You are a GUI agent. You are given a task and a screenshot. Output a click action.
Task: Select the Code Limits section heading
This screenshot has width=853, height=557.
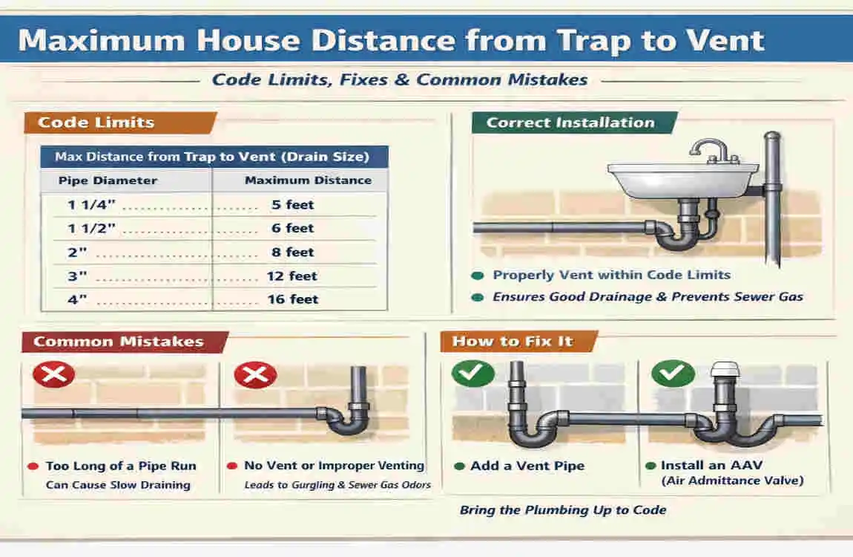[96, 123]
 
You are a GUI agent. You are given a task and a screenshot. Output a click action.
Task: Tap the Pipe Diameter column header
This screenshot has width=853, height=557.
[108, 180]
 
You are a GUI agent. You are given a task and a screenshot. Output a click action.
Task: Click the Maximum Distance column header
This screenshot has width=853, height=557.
[308, 180]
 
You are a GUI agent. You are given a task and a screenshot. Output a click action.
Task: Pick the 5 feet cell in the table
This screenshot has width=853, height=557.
[293, 205]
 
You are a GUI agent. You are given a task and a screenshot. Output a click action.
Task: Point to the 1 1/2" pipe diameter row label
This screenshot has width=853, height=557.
[91, 228]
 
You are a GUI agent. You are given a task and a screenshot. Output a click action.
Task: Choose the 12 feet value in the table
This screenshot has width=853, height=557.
[292, 276]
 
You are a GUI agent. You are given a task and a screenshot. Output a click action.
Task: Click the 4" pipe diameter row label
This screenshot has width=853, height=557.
[77, 299]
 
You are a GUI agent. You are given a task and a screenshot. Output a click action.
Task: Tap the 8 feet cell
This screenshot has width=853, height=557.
[293, 252]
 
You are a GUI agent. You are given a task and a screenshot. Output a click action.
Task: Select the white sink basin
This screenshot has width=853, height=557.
[682, 180]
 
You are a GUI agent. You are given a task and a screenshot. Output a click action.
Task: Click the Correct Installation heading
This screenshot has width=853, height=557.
[570, 123]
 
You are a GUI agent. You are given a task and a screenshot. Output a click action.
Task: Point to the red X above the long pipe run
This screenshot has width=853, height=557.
[53, 374]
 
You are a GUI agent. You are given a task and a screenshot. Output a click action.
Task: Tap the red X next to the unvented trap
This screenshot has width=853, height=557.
[255, 374]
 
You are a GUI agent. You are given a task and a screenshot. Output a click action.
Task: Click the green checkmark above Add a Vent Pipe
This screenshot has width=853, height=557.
[472, 374]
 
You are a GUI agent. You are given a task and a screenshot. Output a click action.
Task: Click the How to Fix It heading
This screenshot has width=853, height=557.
[513, 342]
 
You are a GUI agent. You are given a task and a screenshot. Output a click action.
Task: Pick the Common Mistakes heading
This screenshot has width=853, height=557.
[119, 342]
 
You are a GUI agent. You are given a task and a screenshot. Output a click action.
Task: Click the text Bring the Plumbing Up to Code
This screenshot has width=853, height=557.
[563, 510]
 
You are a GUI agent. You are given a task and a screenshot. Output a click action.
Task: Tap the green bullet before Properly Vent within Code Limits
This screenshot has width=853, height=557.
[478, 276]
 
